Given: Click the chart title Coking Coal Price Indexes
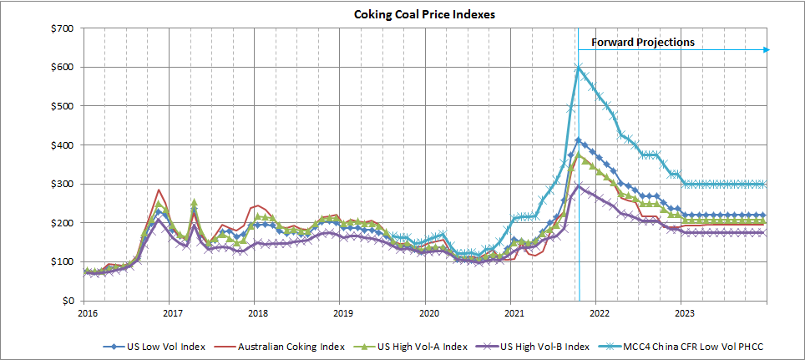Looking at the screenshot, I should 402,13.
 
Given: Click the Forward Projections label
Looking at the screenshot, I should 642,42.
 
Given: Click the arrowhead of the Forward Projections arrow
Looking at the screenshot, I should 766,50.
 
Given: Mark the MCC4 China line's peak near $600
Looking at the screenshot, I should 578,67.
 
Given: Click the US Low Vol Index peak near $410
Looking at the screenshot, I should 578,140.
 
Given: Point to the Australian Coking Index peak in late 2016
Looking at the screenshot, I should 159,190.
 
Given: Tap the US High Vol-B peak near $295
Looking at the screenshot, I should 578,185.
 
